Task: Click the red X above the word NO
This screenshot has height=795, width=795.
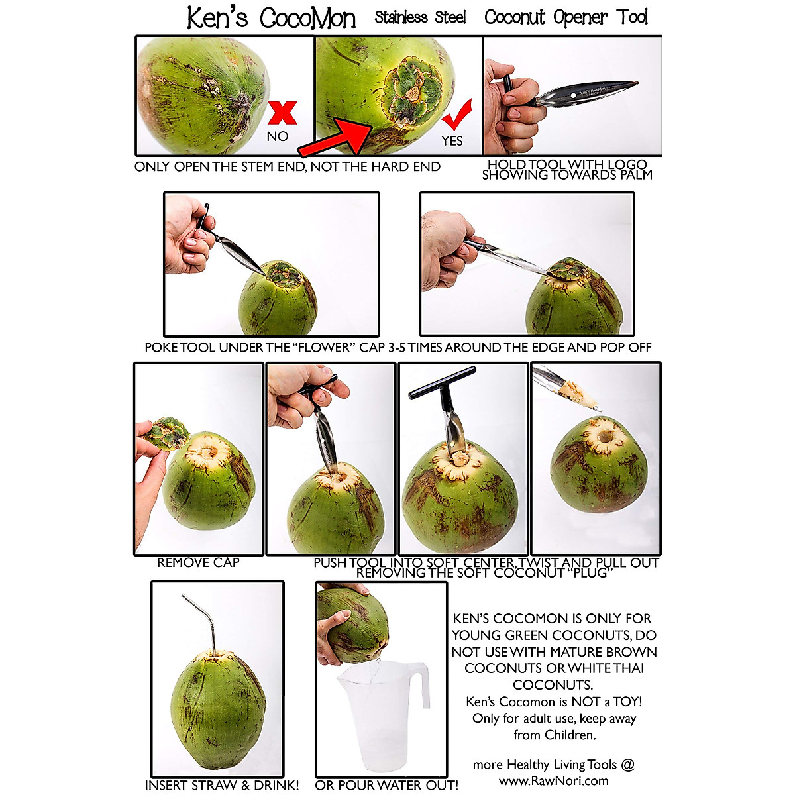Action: tap(282, 113)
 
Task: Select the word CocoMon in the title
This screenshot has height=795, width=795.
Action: tap(307, 18)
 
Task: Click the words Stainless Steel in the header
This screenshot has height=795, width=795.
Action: tap(420, 17)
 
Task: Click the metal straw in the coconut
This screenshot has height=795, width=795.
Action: tap(208, 623)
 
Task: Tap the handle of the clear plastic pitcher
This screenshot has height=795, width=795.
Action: tap(421, 686)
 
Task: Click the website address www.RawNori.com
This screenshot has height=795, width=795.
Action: tap(553, 780)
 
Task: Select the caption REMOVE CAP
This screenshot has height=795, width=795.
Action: tap(198, 562)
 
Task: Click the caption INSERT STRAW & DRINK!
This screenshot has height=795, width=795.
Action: tap(222, 785)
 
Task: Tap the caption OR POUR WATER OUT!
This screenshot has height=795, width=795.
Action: tap(386, 785)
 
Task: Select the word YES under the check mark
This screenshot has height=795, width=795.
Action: tap(452, 140)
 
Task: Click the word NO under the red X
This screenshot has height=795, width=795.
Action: tap(277, 136)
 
